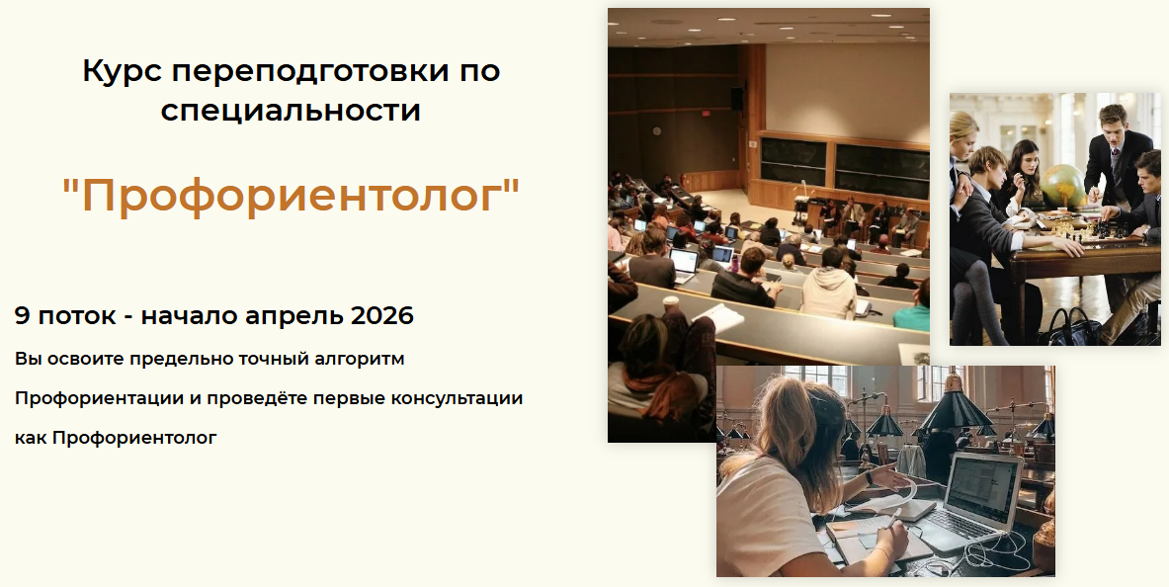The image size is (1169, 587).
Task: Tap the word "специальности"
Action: coord(291,110)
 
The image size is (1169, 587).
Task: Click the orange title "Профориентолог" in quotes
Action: coord(291,196)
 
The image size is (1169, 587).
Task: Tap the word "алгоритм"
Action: coord(359,358)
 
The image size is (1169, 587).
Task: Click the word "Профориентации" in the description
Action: coord(86,398)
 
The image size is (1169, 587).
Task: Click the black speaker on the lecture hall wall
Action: coord(736,98)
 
